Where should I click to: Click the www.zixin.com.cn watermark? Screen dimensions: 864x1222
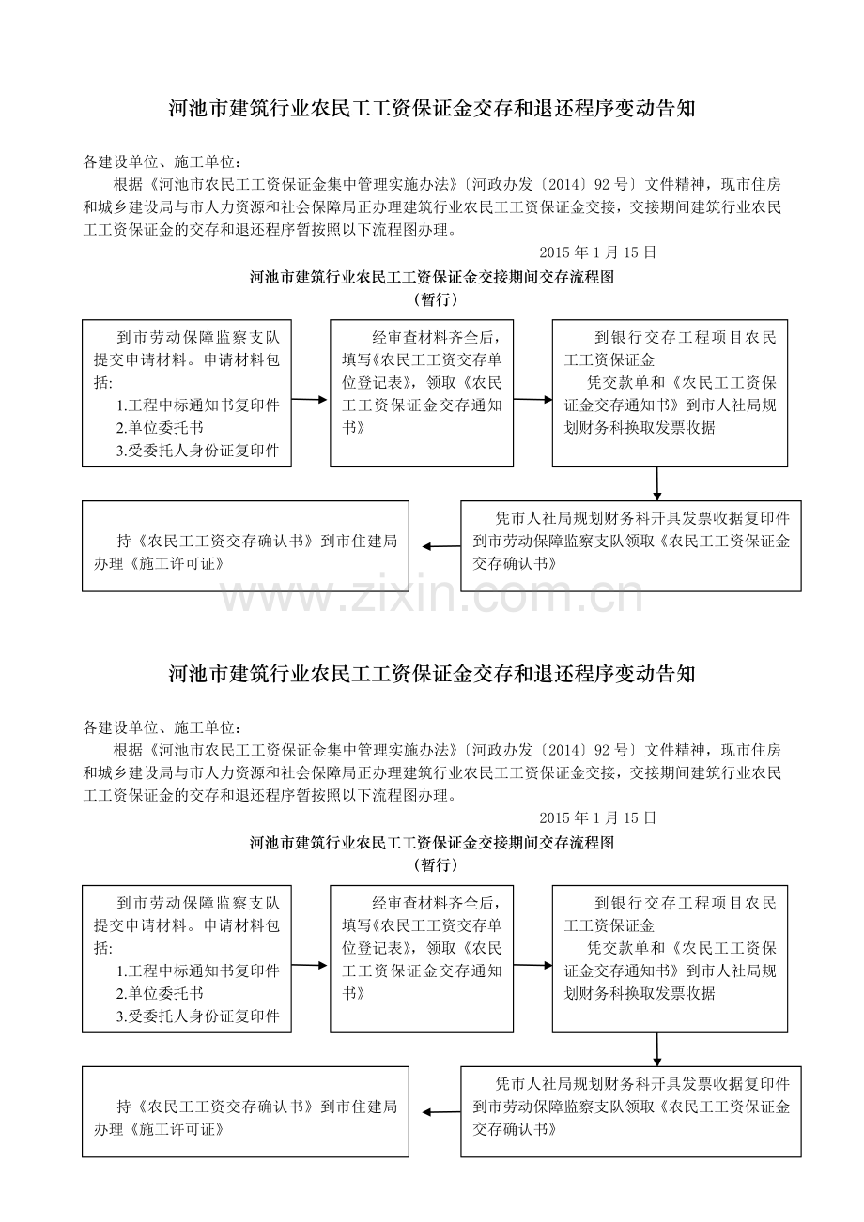[x=432, y=595]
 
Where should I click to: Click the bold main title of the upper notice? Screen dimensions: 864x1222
[x=432, y=109]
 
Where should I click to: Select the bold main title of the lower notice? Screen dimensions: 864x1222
[x=432, y=674]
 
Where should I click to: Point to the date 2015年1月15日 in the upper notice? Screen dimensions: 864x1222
[x=597, y=252]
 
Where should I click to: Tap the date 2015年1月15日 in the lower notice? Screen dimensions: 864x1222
[x=597, y=817]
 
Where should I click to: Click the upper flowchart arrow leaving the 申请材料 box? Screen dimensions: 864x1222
[x=310, y=399]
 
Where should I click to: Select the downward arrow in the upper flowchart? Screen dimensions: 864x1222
[x=657, y=483]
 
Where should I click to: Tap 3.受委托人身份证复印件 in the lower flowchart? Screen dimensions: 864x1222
[x=197, y=1016]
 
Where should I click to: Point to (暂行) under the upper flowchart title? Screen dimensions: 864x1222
[x=436, y=299]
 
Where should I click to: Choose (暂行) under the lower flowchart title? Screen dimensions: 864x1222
[x=436, y=865]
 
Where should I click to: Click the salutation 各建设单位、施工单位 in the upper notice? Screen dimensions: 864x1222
[x=162, y=162]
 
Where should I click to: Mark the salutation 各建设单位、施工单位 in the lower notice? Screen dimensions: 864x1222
[x=162, y=727]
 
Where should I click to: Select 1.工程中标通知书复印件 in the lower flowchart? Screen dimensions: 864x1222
[x=197, y=970]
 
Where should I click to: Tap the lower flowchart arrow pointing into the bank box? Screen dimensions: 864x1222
[x=532, y=965]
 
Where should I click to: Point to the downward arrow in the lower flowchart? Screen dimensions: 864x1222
[x=657, y=1049]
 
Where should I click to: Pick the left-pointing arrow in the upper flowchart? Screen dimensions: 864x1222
[x=441, y=546]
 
